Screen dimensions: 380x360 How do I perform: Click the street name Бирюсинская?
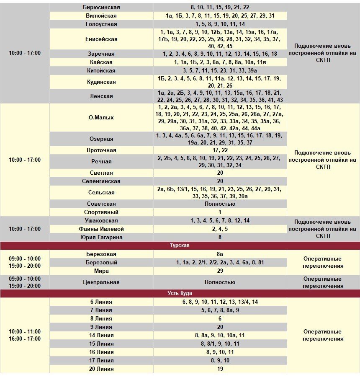pyautogui.click(x=101, y=7)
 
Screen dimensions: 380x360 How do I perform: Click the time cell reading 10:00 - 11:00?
pyautogui.click(x=25, y=331)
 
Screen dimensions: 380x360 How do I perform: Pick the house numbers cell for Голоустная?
pyautogui.click(x=220, y=24)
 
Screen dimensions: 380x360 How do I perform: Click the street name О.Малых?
pyautogui.click(x=101, y=118)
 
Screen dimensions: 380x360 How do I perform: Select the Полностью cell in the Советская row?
pyautogui.click(x=220, y=204)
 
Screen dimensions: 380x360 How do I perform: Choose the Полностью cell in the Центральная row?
pyautogui.click(x=220, y=282)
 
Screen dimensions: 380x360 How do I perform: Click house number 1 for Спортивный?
pyautogui.click(x=220, y=212)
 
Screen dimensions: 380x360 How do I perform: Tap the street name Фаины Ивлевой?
pyautogui.click(x=101, y=229)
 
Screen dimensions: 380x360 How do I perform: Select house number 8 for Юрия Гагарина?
pyautogui.click(x=220, y=237)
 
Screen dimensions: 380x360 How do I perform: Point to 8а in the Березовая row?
pyautogui.click(x=220, y=254)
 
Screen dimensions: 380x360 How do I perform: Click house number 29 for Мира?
pyautogui.click(x=220, y=271)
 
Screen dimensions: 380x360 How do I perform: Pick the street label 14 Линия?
pyautogui.click(x=101, y=335)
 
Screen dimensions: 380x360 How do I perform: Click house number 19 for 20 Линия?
pyautogui.click(x=220, y=369)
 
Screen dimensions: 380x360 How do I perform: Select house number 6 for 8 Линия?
pyautogui.click(x=220, y=318)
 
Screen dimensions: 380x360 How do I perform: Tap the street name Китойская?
pyautogui.click(x=101, y=70)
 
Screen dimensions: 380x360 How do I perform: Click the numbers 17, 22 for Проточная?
pyautogui.click(x=220, y=150)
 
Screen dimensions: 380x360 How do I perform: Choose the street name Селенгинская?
pyautogui.click(x=101, y=181)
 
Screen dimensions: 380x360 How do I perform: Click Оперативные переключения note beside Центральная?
pyautogui.click(x=323, y=282)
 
